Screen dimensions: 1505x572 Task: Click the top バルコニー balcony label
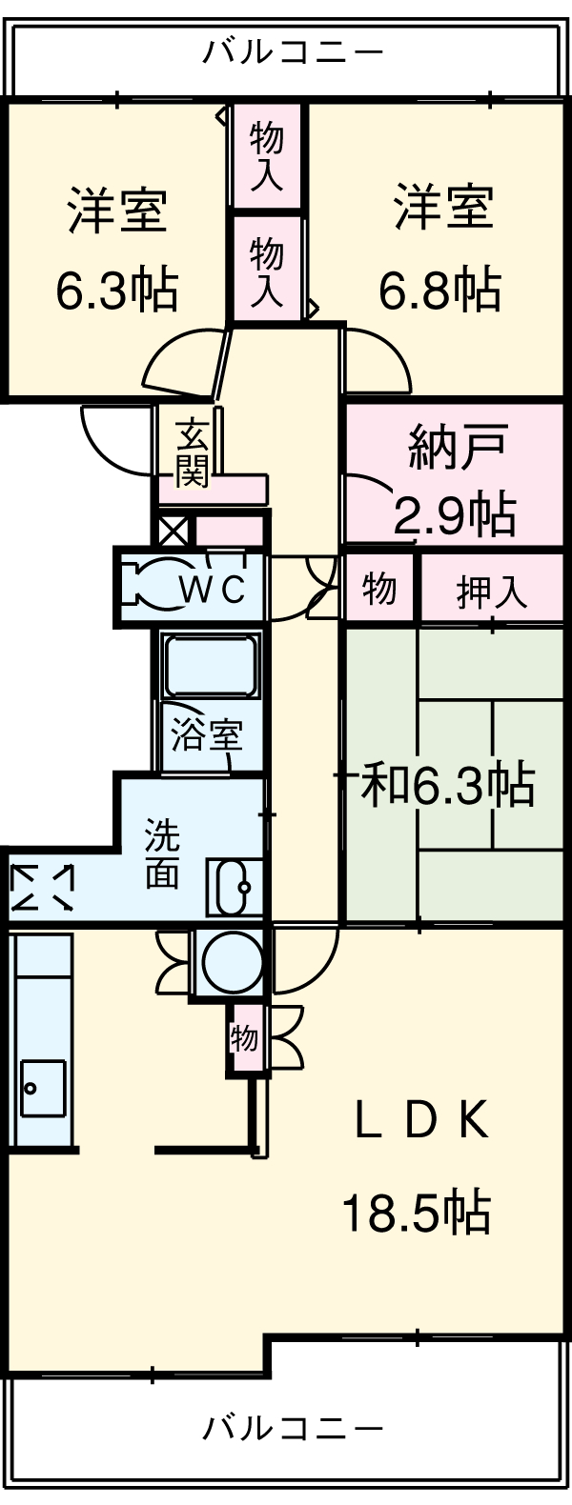tap(293, 50)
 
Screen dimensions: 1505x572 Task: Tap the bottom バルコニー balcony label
tap(293, 1427)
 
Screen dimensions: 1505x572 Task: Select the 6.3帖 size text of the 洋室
tap(116, 291)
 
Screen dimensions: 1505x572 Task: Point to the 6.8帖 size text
tap(440, 291)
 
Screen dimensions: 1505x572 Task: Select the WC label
tap(214, 590)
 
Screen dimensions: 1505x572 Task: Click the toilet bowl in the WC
tap(153, 583)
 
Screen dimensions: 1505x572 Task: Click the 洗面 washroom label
tap(162, 853)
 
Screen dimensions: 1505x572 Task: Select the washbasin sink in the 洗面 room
tap(235, 888)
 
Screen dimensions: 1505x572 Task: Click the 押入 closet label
tap(491, 592)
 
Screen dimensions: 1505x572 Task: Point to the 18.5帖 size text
tap(417, 1214)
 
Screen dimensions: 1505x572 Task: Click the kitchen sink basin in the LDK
tap(43, 1088)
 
